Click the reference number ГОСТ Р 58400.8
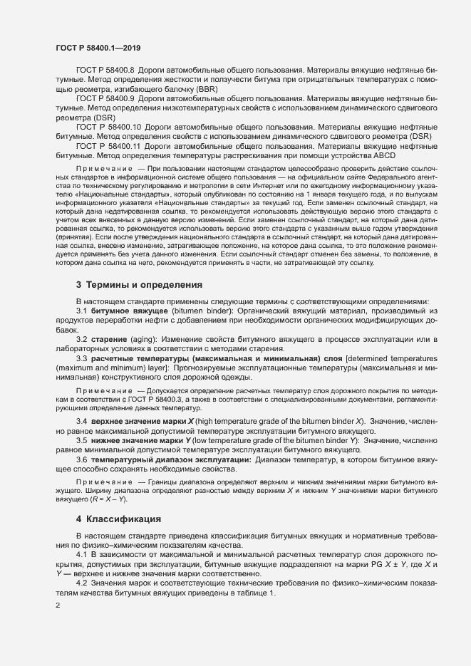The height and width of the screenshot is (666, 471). [x=108, y=72]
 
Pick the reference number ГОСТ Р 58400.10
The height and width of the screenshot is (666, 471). [x=110, y=126]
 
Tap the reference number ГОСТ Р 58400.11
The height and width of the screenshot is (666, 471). [x=110, y=145]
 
